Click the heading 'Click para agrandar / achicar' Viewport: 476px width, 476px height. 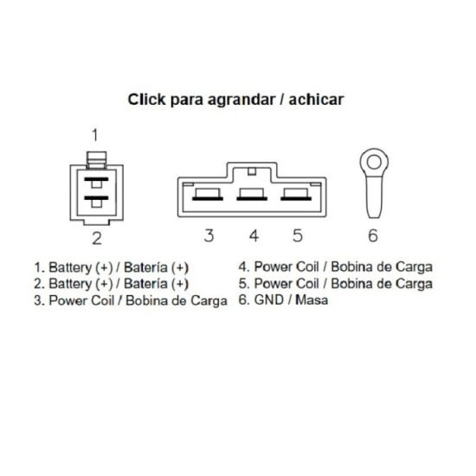coord(236,100)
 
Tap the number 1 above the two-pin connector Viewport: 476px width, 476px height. coord(95,134)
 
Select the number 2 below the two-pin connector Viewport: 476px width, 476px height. coord(96,237)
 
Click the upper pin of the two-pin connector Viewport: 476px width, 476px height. coord(96,183)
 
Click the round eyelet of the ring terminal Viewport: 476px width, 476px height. coord(373,160)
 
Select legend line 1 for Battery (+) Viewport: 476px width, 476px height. coord(112,267)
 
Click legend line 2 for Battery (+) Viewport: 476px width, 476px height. coord(112,284)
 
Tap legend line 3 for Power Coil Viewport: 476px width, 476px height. coord(131,300)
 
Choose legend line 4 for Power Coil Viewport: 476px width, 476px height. coord(334,267)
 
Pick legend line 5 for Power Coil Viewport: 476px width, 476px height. coord(334,284)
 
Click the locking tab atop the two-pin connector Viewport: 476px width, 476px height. coord(96,158)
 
